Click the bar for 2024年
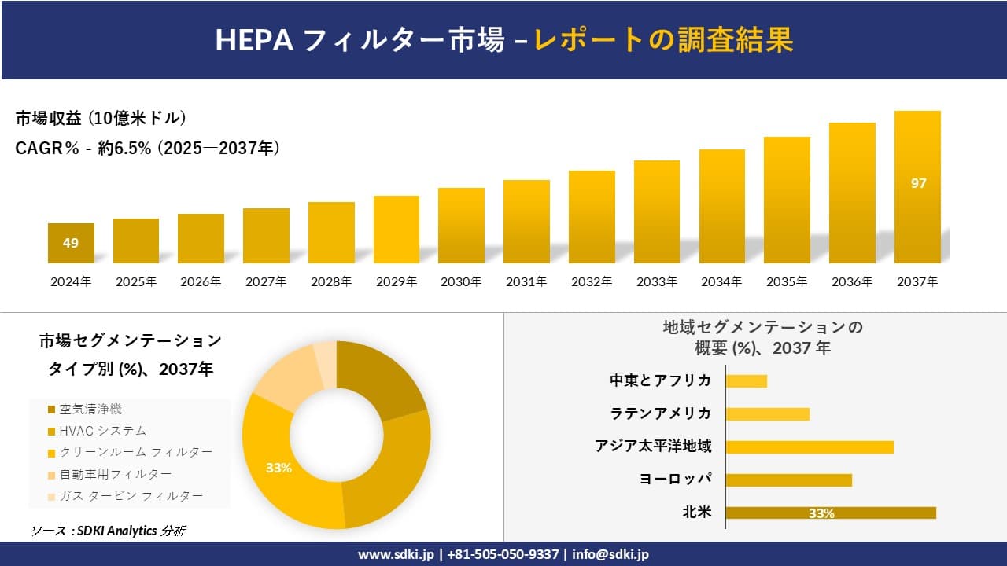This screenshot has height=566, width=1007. point(71,243)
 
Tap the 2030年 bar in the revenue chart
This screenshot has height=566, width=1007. point(461,226)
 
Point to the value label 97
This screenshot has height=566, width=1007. point(918,183)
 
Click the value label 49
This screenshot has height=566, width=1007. point(71,243)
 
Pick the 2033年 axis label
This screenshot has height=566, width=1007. point(656,281)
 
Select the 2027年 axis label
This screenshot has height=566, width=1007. point(266,281)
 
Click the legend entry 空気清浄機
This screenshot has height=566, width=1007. point(90,409)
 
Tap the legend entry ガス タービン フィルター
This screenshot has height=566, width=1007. point(131,495)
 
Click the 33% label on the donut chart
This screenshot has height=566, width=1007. point(278,468)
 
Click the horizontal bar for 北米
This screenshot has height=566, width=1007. point(830,513)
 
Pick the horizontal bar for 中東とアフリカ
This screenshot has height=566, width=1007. point(746,381)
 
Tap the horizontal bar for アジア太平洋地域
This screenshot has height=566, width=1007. point(809,447)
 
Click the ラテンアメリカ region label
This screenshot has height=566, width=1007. point(660,413)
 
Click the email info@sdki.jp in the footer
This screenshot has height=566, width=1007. point(610,554)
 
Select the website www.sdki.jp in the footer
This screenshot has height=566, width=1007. point(395,554)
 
